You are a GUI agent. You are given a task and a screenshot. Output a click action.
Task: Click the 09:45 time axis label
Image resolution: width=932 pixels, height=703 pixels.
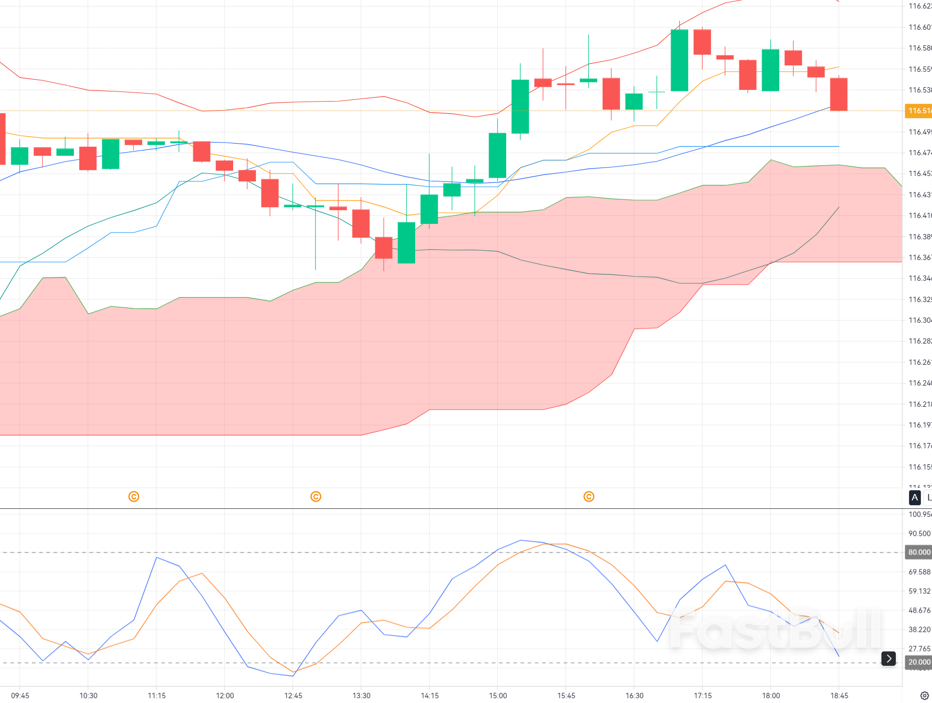[20, 696]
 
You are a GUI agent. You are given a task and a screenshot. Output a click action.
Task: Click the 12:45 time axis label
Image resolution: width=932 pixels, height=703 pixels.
[293, 696]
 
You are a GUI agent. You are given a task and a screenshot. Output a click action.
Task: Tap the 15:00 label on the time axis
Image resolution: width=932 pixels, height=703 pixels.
[498, 696]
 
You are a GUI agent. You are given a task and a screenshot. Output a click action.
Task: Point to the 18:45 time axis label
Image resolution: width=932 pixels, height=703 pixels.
[839, 696]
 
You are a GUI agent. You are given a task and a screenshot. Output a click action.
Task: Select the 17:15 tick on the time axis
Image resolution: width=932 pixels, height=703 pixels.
[703, 696]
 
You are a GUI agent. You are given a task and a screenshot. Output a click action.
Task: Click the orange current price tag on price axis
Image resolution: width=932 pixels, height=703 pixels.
[919, 111]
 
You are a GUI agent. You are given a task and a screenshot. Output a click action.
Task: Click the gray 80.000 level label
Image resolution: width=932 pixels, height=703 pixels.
[919, 552]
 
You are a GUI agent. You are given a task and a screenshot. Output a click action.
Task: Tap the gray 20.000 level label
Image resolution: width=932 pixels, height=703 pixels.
[919, 662]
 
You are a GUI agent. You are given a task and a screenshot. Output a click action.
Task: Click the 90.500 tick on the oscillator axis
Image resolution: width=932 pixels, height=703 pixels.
[919, 533]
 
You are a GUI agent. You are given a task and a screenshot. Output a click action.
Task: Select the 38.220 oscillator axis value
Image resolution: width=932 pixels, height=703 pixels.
[919, 630]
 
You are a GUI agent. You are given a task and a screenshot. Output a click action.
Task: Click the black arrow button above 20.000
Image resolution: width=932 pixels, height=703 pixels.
[888, 658]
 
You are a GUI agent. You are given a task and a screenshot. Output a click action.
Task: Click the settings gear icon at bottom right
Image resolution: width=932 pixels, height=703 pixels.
[925, 696]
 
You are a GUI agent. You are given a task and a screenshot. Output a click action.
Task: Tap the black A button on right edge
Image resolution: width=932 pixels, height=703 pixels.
[914, 498]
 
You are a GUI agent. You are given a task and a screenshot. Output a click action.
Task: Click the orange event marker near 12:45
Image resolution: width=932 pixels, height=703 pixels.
[316, 497]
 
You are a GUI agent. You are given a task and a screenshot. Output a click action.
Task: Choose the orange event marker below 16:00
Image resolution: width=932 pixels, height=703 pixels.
[589, 497]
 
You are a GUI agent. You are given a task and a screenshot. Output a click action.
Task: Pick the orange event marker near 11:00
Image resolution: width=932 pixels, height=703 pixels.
[134, 497]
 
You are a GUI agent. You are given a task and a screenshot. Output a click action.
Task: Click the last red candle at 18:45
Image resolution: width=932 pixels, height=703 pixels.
[839, 94]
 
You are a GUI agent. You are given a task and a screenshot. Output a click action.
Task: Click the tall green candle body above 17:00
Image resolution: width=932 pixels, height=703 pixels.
[679, 60]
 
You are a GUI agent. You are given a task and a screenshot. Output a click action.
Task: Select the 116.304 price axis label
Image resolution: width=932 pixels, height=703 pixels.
[919, 320]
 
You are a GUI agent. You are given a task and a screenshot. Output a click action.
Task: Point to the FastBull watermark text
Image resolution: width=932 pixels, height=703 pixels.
[774, 630]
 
